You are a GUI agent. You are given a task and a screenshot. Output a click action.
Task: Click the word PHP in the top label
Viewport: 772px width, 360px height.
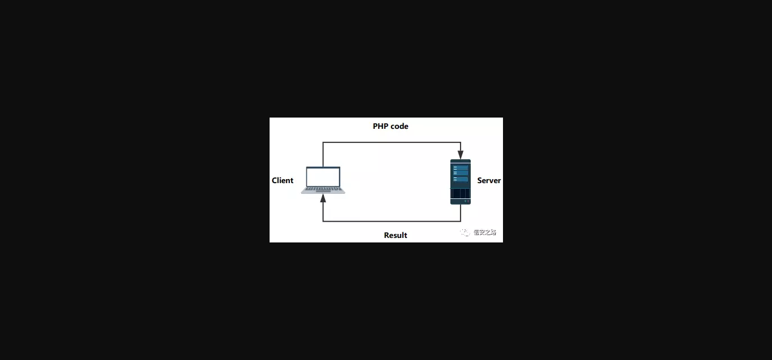click(x=380, y=126)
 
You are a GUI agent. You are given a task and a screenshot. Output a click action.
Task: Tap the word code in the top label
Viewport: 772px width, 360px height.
click(x=399, y=126)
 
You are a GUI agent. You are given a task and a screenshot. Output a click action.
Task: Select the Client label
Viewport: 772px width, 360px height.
click(x=283, y=180)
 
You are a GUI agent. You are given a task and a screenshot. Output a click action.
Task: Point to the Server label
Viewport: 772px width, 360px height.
click(x=489, y=180)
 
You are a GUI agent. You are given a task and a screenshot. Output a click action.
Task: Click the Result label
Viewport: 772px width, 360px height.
click(x=396, y=235)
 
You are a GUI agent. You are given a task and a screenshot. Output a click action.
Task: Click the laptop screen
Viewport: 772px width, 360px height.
click(x=323, y=177)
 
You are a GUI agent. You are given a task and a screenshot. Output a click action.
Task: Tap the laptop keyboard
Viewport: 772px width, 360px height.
click(x=323, y=189)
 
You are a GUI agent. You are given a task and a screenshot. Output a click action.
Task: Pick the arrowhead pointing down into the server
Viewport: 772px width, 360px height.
click(x=461, y=154)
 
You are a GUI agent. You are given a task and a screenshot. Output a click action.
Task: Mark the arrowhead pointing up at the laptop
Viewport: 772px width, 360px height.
click(x=323, y=198)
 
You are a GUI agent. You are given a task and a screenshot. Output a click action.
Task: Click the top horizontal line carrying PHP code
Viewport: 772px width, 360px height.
click(x=390, y=142)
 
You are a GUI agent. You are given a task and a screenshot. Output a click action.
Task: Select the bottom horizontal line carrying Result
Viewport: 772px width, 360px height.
click(x=390, y=221)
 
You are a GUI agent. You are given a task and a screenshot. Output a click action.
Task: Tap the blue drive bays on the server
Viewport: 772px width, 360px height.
click(x=461, y=174)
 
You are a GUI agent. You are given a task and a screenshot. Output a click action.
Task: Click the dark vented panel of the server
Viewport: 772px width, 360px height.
click(x=461, y=193)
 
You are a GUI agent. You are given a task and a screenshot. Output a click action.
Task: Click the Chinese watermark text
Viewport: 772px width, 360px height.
click(x=485, y=232)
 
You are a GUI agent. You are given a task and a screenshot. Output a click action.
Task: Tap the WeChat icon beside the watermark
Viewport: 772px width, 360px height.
click(x=465, y=232)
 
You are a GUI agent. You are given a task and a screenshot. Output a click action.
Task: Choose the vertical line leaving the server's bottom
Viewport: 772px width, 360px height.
click(x=461, y=213)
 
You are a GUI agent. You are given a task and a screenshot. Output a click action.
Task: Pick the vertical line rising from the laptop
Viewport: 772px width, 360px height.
click(x=323, y=154)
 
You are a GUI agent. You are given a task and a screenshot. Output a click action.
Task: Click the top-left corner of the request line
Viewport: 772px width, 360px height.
click(x=323, y=142)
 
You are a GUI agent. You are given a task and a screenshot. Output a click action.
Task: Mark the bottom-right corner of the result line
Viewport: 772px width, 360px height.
click(x=461, y=221)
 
